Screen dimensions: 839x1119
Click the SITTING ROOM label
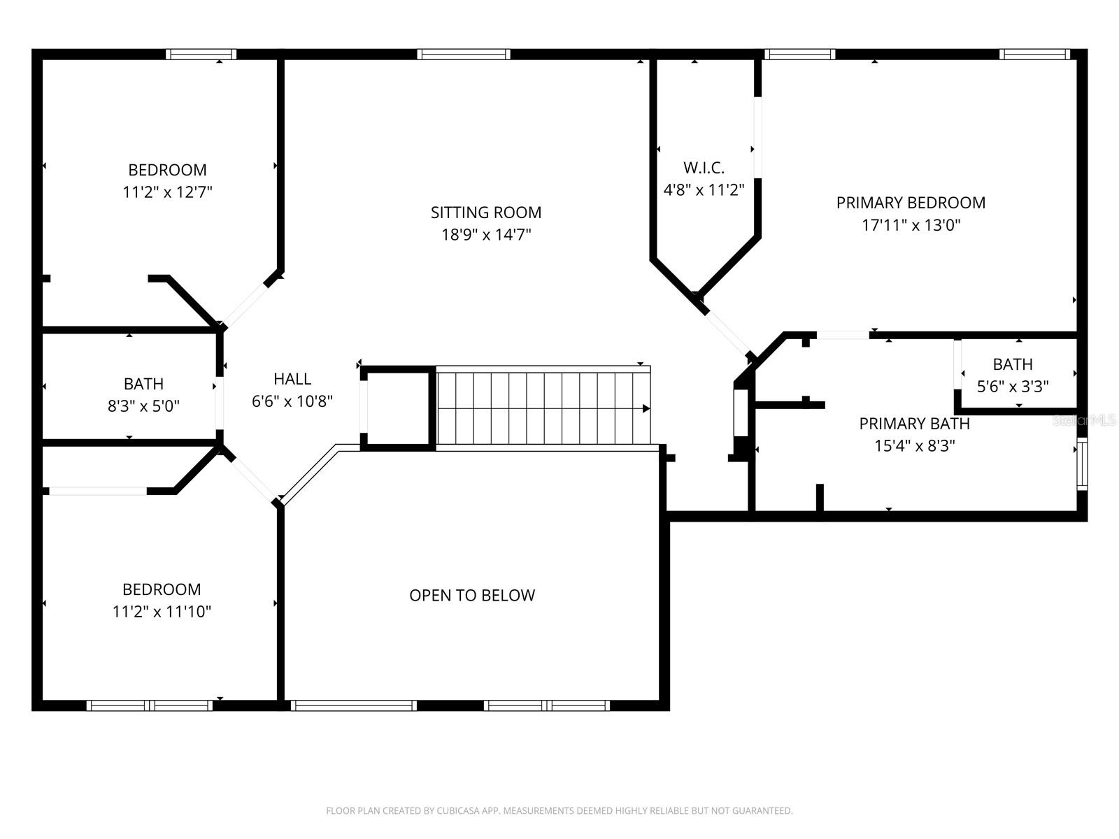pyautogui.click(x=485, y=213)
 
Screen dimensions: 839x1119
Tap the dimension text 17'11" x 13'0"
pyautogui.click(x=911, y=225)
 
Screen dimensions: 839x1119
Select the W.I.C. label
pyautogui.click(x=704, y=168)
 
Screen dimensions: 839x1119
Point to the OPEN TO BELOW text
pyautogui.click(x=472, y=595)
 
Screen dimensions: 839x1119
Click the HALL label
pyautogui.click(x=292, y=379)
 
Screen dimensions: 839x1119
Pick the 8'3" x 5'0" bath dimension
pyautogui.click(x=143, y=406)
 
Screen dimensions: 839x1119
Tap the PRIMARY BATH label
pyautogui.click(x=914, y=424)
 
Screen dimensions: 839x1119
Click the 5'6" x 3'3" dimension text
pyautogui.click(x=1012, y=387)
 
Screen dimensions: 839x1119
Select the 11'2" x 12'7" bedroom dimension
pyautogui.click(x=167, y=192)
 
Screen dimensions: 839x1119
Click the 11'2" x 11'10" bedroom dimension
pyautogui.click(x=162, y=612)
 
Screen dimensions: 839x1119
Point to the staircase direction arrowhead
pyautogui.click(x=646, y=408)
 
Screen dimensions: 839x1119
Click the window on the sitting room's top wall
pyautogui.click(x=464, y=55)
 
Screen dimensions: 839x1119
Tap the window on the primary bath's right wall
pyautogui.click(x=1082, y=464)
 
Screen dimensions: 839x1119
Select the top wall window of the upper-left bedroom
pyautogui.click(x=201, y=55)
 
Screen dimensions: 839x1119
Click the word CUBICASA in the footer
pyautogui.click(x=459, y=811)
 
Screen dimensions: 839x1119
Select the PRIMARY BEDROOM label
pyautogui.click(x=911, y=203)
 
